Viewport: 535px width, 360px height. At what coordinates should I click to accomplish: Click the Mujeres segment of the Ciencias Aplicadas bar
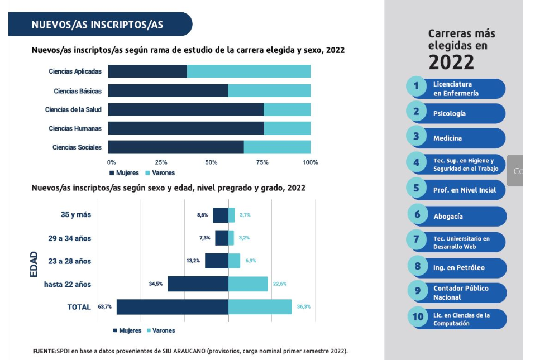(x=147, y=71)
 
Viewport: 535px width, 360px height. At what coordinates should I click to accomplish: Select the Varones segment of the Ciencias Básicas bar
(x=269, y=90)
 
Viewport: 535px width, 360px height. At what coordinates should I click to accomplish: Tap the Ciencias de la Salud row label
(x=73, y=109)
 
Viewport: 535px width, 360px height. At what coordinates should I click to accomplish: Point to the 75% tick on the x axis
(x=262, y=162)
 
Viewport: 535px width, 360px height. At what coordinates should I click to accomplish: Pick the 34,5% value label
(x=156, y=284)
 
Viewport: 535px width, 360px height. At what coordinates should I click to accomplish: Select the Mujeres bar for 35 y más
(x=220, y=215)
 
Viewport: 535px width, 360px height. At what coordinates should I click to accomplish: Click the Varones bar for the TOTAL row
(x=260, y=307)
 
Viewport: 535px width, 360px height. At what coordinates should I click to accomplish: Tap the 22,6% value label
(x=280, y=284)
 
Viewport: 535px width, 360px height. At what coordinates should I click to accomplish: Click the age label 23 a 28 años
(x=69, y=261)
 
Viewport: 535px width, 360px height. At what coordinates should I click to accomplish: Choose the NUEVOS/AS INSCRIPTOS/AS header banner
(x=100, y=25)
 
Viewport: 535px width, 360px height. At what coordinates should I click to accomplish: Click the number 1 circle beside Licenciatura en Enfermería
(x=416, y=87)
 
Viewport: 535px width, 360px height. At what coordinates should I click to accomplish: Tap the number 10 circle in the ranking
(x=418, y=317)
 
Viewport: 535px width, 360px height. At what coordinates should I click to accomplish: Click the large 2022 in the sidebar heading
(x=451, y=63)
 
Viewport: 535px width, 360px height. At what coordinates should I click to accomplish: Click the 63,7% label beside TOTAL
(x=105, y=307)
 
